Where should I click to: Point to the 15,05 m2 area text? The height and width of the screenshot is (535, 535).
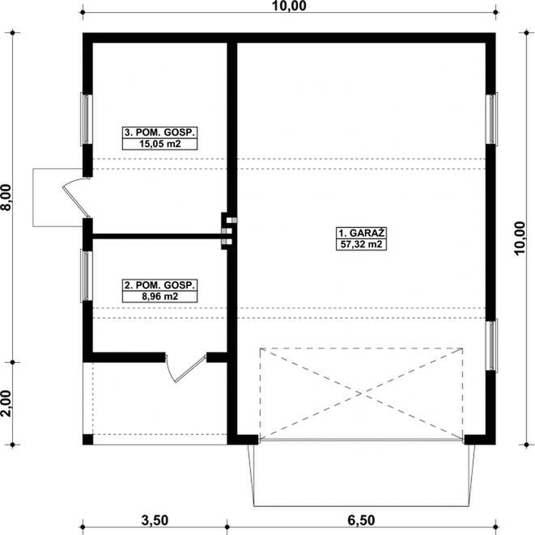[x=159, y=145]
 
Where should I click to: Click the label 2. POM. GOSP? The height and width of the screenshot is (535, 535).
[x=159, y=285]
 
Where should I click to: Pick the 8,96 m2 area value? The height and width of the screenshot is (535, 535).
[x=159, y=297]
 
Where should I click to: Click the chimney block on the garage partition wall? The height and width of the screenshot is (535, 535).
[x=228, y=228]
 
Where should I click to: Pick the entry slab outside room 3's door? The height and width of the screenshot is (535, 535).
[x=49, y=197]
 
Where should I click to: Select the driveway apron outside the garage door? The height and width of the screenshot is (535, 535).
[x=363, y=479]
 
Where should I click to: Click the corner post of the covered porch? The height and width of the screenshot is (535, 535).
[x=88, y=439]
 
